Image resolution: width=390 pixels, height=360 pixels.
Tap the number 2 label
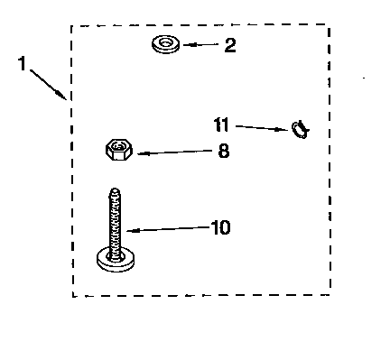tap(230, 45)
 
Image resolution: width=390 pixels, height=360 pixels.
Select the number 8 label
tap(223, 152)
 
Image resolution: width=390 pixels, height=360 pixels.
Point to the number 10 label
tap(219, 227)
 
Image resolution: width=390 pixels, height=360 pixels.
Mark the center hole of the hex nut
tap(118, 146)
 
